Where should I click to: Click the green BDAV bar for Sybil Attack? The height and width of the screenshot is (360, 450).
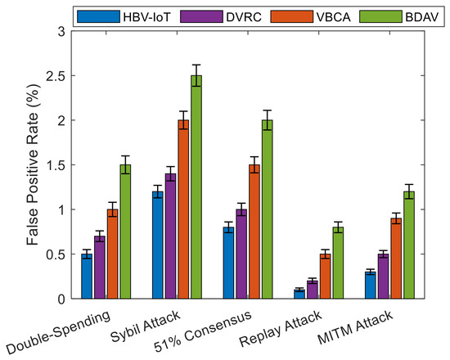pos(196,187)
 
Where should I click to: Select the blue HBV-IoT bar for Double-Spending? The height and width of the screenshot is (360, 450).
pos(87,277)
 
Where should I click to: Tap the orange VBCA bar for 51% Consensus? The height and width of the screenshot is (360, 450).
pos(254,232)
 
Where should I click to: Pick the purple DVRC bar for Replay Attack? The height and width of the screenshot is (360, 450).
pos(313,290)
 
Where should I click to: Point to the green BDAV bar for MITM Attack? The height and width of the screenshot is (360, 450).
pos(409,245)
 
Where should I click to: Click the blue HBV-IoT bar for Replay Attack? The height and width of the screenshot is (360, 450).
pos(299,295)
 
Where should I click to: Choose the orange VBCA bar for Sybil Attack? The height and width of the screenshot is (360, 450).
pos(183,209)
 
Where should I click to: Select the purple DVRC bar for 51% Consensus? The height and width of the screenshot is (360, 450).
pos(241,254)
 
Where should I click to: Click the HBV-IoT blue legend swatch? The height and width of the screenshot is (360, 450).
pos(98,16)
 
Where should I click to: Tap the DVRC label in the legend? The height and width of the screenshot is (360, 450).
pos(244,17)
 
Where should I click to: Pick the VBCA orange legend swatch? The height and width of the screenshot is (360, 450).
pos(292,16)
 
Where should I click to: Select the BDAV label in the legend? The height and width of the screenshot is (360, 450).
pos(422,17)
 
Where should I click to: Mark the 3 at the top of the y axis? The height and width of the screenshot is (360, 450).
pos(61,31)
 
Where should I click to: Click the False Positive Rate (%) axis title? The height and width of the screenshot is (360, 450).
pos(33,164)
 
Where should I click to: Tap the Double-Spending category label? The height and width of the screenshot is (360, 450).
pos(58,332)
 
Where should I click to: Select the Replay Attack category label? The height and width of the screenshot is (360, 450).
pos(281,328)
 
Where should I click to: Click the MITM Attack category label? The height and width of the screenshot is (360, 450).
pos(355,327)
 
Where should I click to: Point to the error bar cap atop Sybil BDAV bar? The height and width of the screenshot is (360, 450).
pos(196,65)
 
